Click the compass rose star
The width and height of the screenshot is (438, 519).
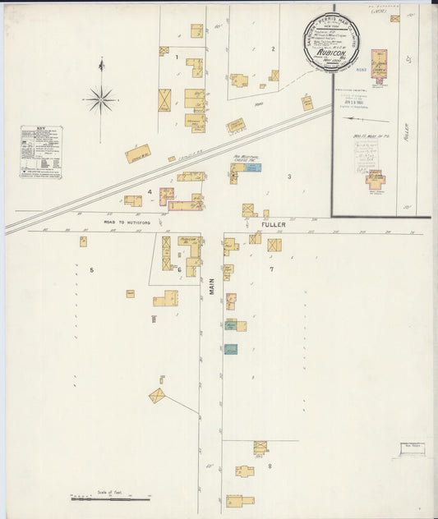(x=101, y=100)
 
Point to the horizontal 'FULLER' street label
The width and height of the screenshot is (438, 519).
(x=273, y=223)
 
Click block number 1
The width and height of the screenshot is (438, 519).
(x=177, y=57)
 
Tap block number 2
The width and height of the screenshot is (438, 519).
(x=273, y=49)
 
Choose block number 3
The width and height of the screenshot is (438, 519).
(x=289, y=177)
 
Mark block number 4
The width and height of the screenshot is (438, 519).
(x=150, y=192)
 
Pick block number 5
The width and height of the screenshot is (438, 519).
(x=91, y=269)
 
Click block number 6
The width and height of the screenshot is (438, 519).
(x=178, y=269)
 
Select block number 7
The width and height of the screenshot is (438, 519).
(x=271, y=269)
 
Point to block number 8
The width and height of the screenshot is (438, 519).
(x=269, y=466)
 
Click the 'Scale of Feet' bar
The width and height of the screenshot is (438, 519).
(x=111, y=498)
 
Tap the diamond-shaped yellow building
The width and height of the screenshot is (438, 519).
(x=157, y=396)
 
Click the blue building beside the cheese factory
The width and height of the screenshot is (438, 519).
(x=254, y=168)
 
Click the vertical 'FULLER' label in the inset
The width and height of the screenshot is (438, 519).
(x=406, y=131)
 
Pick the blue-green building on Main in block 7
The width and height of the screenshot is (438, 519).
(x=231, y=349)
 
